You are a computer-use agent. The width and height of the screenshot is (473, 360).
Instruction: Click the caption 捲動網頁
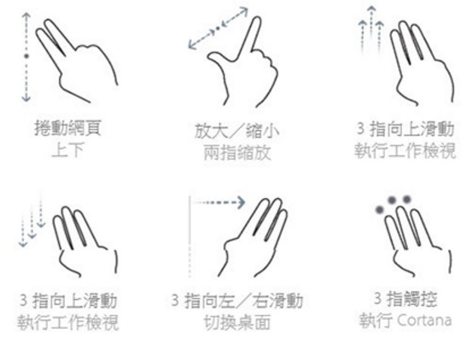pyautogui.click(x=68, y=128)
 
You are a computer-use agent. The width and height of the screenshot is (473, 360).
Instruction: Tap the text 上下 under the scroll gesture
pyautogui.click(x=67, y=150)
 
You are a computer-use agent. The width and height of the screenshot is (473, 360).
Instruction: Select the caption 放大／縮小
pyautogui.click(x=237, y=131)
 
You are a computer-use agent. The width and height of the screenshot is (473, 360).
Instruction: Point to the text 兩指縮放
pyautogui.click(x=237, y=153)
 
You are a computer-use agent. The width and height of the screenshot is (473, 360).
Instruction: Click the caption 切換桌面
pyautogui.click(x=237, y=323)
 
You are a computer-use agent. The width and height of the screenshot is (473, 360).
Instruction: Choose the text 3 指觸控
pyautogui.click(x=405, y=299)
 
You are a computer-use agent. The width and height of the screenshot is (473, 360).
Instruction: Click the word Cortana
pyautogui.click(x=425, y=320)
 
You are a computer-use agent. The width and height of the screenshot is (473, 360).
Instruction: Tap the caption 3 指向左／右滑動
pyautogui.click(x=237, y=300)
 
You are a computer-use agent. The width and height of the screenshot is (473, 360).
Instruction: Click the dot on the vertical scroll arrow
pyautogui.click(x=26, y=56)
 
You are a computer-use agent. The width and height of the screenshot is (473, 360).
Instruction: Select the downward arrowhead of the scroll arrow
pyautogui.click(x=26, y=98)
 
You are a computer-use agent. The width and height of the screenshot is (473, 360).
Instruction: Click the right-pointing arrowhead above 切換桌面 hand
pyautogui.click(x=241, y=203)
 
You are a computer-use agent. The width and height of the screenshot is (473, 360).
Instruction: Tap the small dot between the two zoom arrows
pyautogui.click(x=218, y=29)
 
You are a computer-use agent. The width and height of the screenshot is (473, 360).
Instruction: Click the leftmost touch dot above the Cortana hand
pyautogui.click(x=379, y=209)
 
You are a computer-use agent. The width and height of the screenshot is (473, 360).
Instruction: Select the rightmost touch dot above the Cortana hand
pyautogui.click(x=407, y=200)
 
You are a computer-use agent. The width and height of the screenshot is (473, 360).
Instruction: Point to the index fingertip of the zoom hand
pyautogui.click(x=257, y=20)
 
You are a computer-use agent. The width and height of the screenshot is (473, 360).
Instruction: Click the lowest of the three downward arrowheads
pyautogui.click(x=23, y=244)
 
